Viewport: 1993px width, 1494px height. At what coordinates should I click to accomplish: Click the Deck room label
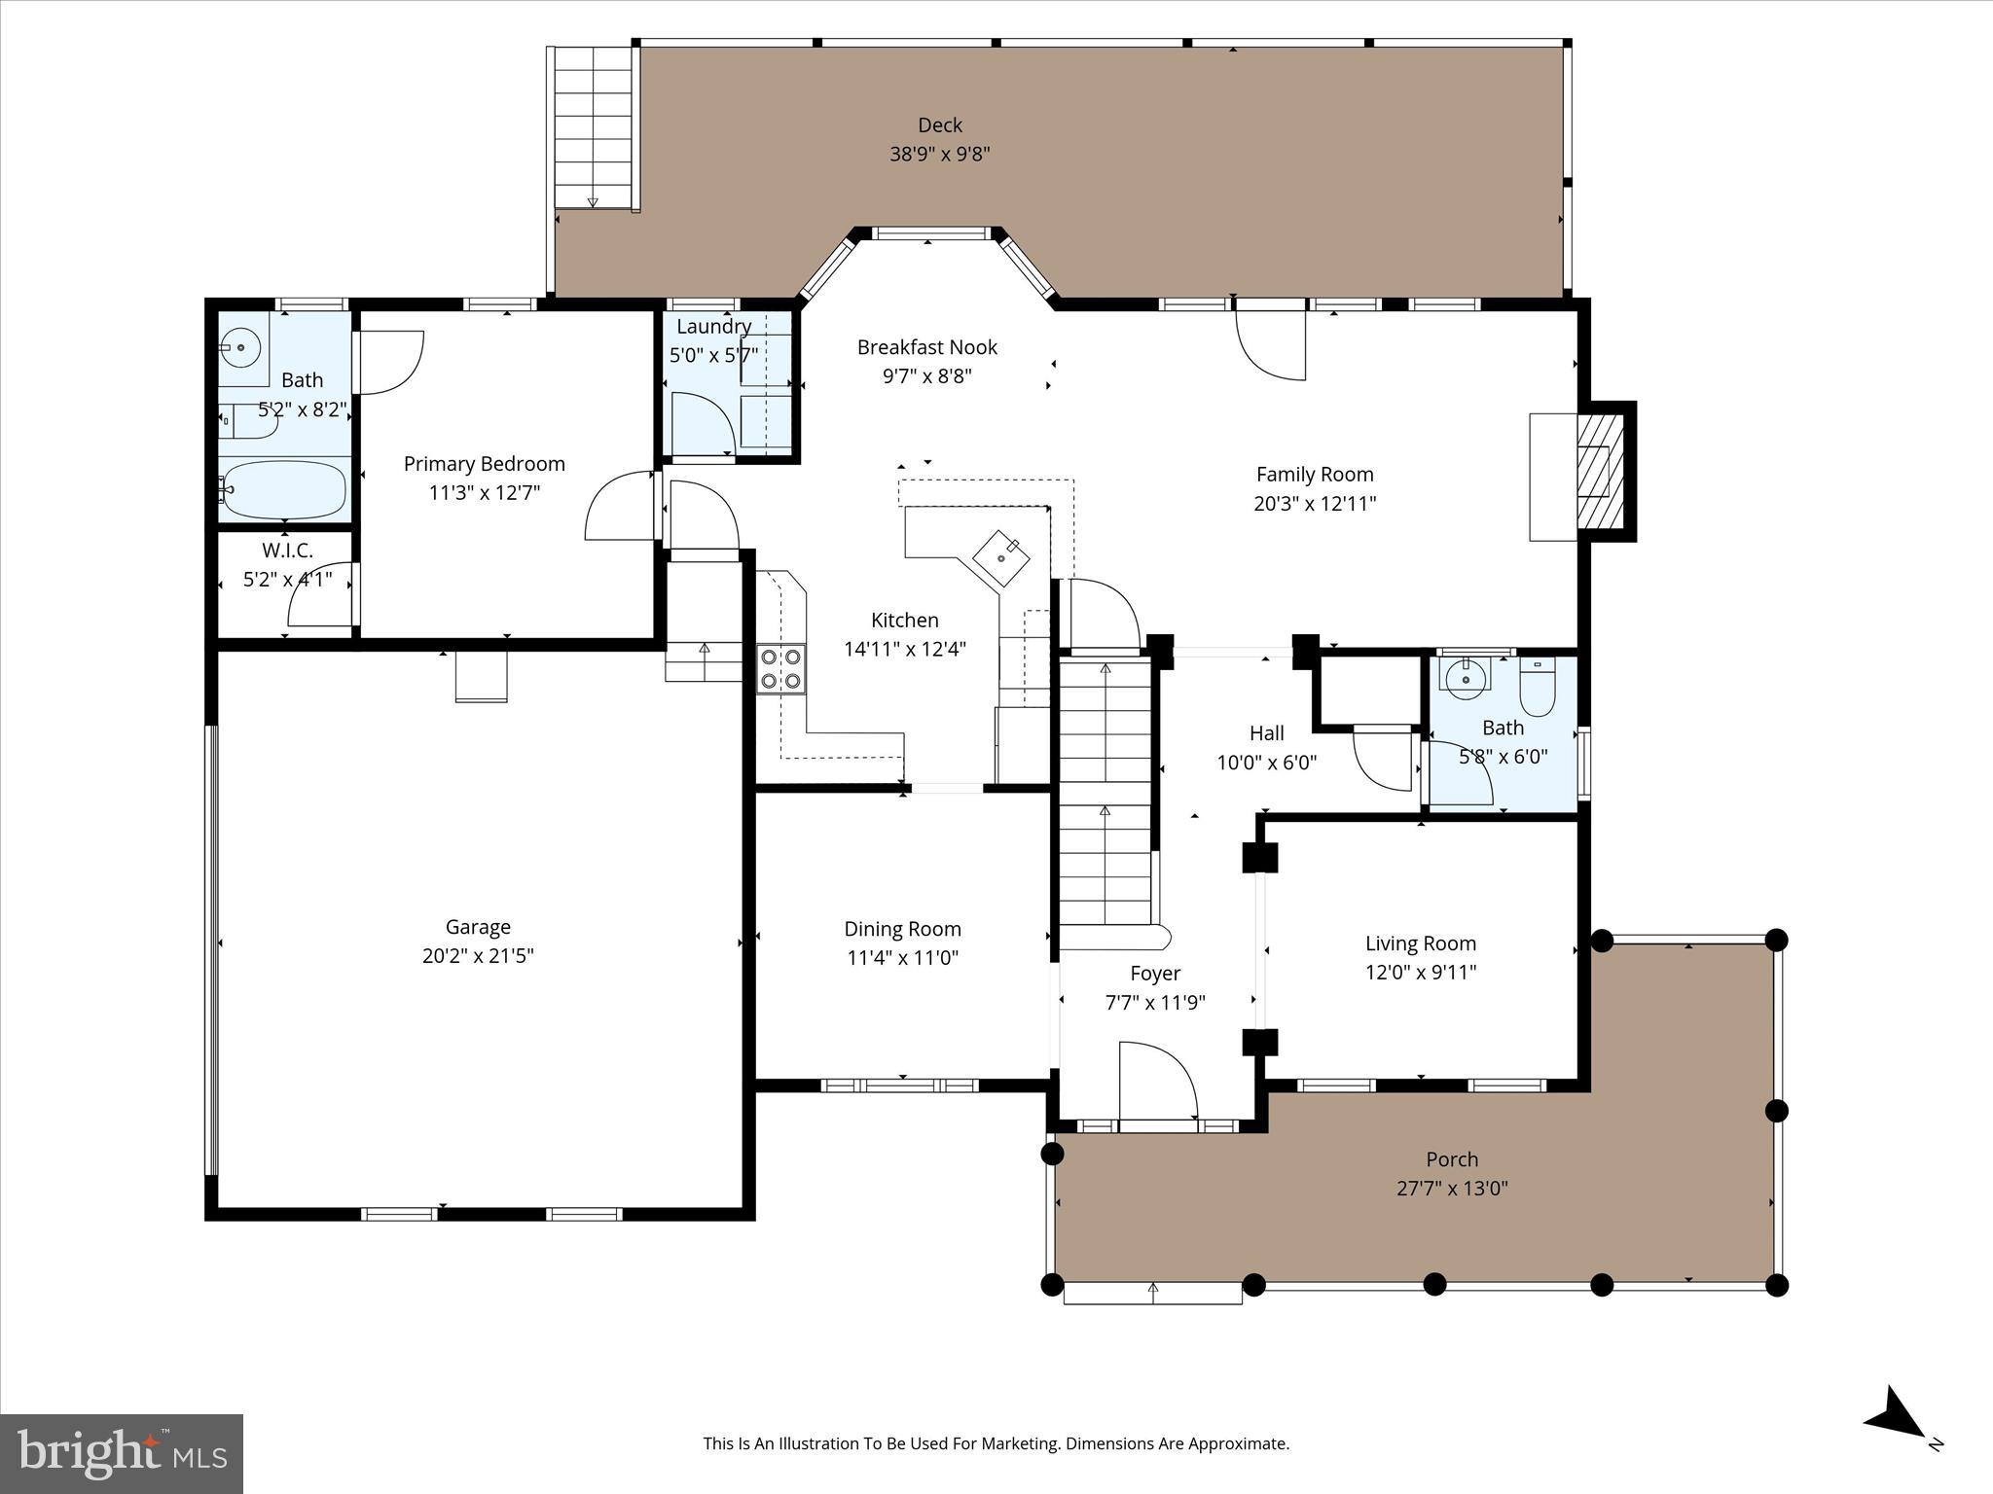[939, 125]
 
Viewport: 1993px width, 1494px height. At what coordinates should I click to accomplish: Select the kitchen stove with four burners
[781, 668]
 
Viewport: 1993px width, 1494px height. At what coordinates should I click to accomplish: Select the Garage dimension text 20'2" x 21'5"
[478, 956]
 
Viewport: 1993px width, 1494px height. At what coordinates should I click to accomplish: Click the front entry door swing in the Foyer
[1158, 1082]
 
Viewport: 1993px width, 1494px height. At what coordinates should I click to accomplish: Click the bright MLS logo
[122, 1453]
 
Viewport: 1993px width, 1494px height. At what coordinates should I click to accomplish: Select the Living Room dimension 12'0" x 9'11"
[1421, 972]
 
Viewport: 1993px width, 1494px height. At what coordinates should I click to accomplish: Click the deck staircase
[593, 126]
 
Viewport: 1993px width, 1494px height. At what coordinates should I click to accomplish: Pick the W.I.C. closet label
[287, 551]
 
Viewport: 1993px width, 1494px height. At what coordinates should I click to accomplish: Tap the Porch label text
[1452, 1159]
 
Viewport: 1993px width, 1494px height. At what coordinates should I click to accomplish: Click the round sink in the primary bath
[238, 346]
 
